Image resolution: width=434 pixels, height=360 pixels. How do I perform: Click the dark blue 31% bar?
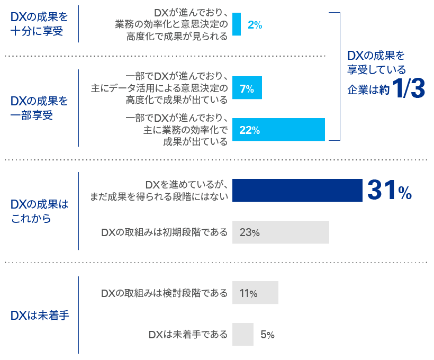[x=297, y=191]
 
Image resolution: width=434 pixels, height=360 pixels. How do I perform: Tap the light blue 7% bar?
[x=247, y=88]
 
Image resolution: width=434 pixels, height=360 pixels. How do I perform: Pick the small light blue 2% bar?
[x=237, y=24]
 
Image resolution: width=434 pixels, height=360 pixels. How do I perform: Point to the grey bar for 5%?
[x=243, y=335]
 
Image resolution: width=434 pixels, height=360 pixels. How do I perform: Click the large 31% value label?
[x=390, y=191]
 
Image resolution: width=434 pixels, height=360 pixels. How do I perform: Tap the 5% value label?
[x=267, y=335]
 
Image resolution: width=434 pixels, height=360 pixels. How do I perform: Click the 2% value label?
[x=255, y=24]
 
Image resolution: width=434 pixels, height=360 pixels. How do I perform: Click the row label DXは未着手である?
[x=188, y=335]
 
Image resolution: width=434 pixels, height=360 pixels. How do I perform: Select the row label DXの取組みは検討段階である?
[x=164, y=293]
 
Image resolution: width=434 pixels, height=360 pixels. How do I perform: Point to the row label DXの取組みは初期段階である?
[x=164, y=232]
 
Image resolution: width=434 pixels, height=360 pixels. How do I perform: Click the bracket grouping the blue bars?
[x=339, y=76]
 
